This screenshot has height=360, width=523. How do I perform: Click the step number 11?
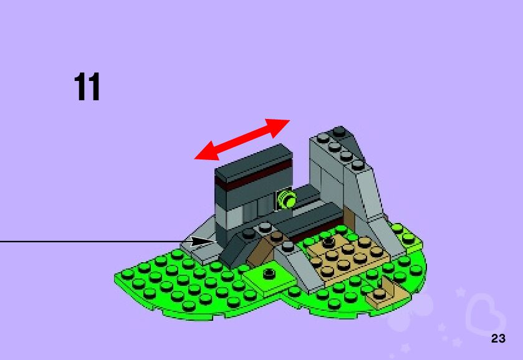point(87,87)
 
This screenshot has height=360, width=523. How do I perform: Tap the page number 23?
point(498,339)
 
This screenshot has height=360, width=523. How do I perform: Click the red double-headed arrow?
point(242,140)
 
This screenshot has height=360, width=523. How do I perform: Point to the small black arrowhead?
point(201,242)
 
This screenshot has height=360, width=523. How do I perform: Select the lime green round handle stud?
point(287,199)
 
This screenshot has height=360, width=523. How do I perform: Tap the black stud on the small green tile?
point(269,273)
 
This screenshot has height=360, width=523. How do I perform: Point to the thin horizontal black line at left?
point(87,241)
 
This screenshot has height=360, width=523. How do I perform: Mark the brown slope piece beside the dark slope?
point(262,249)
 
